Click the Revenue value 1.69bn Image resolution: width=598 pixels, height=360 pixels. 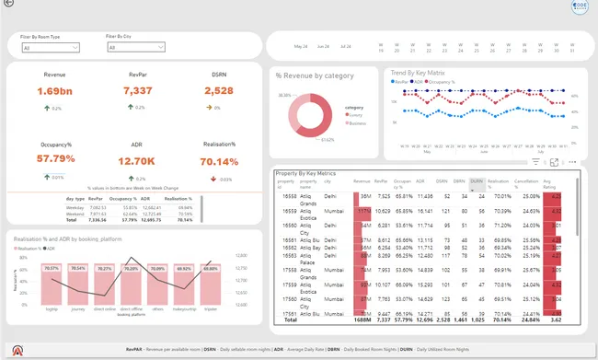tap(54, 90)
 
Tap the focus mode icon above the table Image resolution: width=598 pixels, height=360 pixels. tap(554, 161)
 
